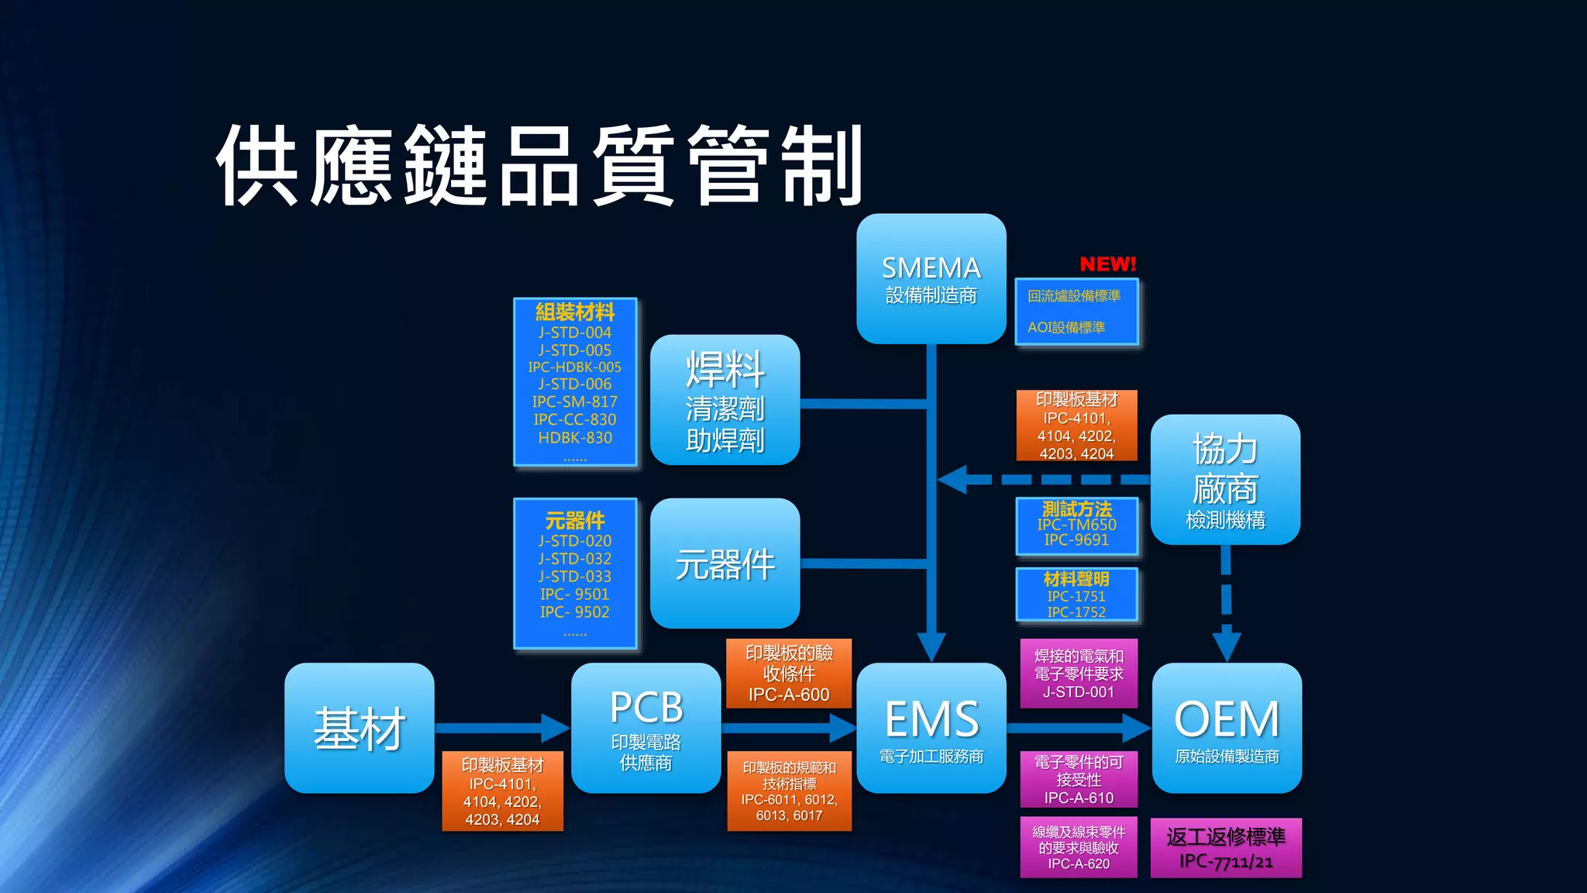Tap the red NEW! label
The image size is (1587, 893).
(x=1107, y=264)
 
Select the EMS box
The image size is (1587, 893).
(x=931, y=727)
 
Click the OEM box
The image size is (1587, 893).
(x=1226, y=727)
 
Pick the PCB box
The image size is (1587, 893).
(x=645, y=727)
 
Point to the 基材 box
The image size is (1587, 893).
(x=359, y=727)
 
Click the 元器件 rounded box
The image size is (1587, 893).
(x=725, y=564)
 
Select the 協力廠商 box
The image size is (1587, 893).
(x=1224, y=479)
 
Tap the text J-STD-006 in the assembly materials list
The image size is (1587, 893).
(x=575, y=384)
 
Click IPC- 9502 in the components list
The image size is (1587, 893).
(x=575, y=612)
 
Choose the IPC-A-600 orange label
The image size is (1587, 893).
(x=789, y=695)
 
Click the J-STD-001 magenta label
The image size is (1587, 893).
(x=1078, y=691)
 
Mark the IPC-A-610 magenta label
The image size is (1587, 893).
(x=1078, y=798)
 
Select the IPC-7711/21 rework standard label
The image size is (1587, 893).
(x=1225, y=860)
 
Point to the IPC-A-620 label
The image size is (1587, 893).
(x=1078, y=864)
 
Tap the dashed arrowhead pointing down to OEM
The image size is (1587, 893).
(x=1226, y=645)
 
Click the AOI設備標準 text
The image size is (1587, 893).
(x=1066, y=327)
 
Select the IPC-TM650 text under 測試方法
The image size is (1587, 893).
(x=1076, y=525)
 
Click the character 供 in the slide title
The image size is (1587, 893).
(x=257, y=165)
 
